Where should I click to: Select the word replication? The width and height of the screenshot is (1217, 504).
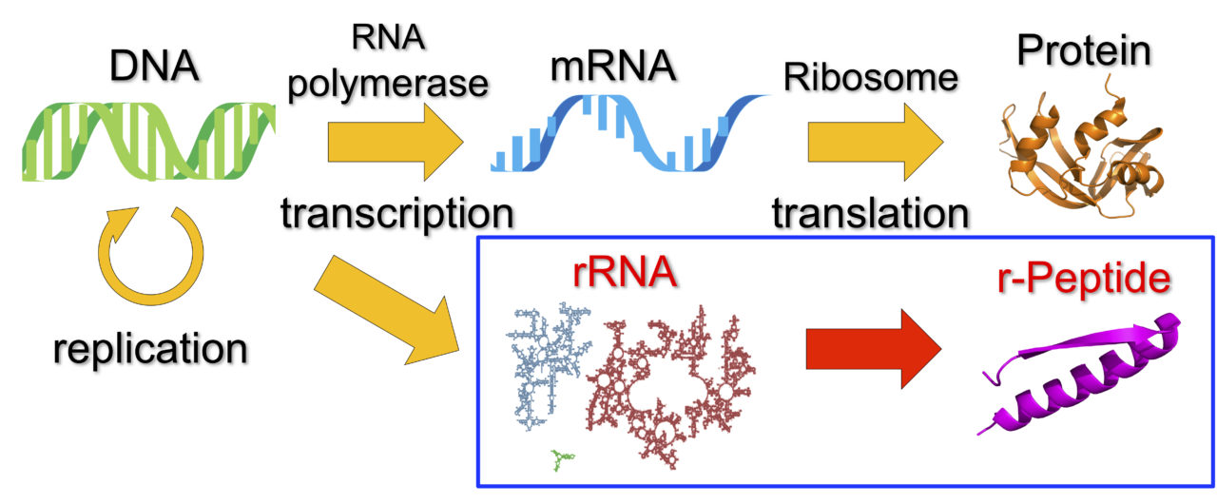(x=149, y=349)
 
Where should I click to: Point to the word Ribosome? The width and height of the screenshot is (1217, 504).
(x=870, y=79)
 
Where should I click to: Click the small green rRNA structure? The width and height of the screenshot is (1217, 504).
(x=562, y=461)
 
